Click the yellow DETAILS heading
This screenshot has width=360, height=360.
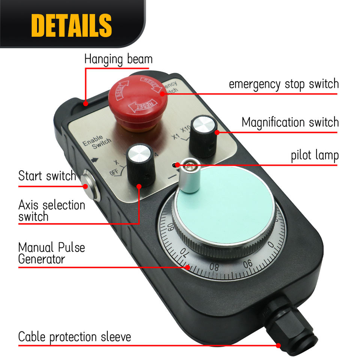click(x=72, y=24)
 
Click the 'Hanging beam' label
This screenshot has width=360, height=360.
click(x=118, y=59)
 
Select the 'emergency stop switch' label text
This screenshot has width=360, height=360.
click(x=283, y=84)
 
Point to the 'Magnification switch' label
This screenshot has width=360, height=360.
click(x=290, y=123)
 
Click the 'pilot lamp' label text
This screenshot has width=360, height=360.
click(x=315, y=156)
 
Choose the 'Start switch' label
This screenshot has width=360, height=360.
click(x=47, y=175)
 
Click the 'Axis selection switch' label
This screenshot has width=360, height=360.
click(x=52, y=211)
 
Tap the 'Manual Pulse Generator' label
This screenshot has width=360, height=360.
click(x=52, y=253)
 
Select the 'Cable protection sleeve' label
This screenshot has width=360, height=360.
click(x=75, y=336)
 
